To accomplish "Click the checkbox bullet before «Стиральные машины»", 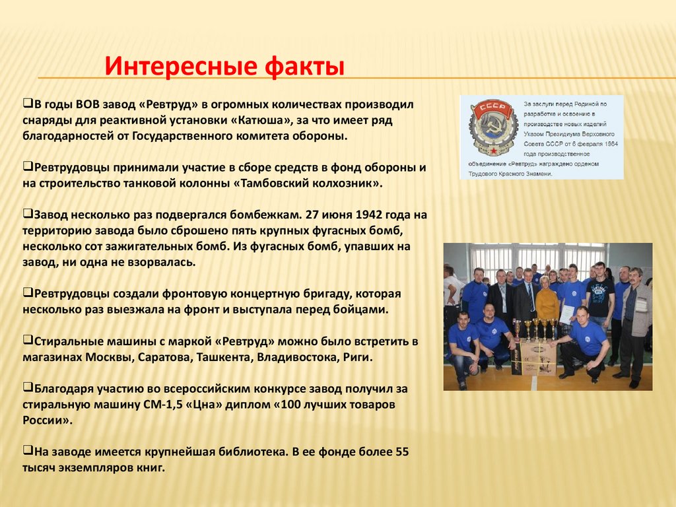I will pyautogui.click(x=27, y=341).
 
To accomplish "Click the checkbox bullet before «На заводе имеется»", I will pyautogui.click(x=27, y=452).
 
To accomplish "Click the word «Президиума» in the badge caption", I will pyautogui.click(x=571, y=134).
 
